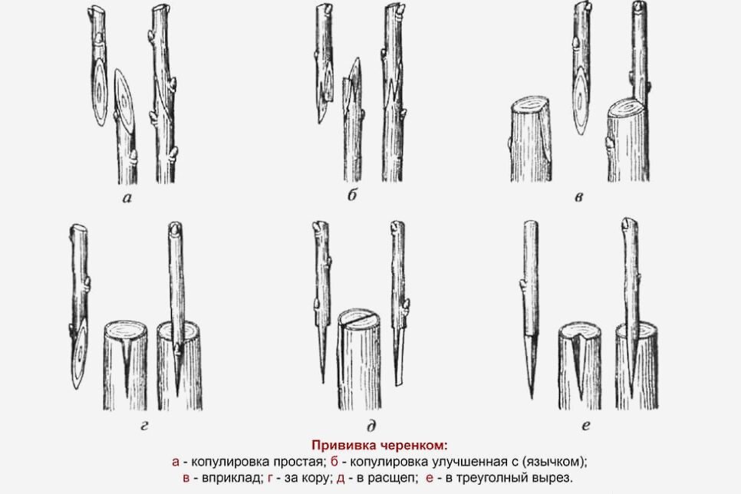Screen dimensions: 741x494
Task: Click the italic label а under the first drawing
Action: [127, 198]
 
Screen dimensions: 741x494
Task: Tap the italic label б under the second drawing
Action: [352, 195]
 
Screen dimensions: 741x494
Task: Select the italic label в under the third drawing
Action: [579, 196]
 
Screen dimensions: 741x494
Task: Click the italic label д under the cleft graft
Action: [371, 426]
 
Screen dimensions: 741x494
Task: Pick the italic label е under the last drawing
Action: [586, 426]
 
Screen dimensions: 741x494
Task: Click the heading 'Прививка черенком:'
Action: [379, 446]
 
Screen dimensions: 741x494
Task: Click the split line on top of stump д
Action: [360, 320]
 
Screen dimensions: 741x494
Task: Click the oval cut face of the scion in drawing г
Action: [81, 354]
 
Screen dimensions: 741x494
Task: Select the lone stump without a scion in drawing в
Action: [531, 140]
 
